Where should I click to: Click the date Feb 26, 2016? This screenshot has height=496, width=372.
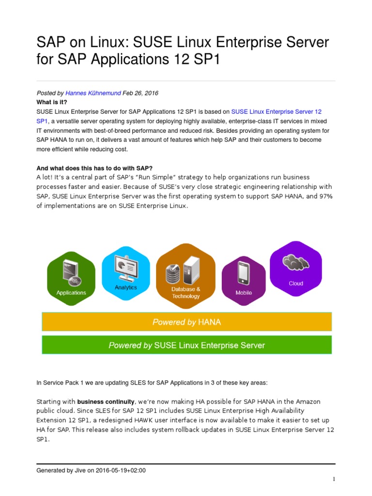[x=140, y=93]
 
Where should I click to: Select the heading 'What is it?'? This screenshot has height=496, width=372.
[x=52, y=102]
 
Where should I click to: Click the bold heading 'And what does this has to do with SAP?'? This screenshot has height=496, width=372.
[x=94, y=168]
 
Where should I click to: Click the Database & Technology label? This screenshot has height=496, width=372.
[x=186, y=293]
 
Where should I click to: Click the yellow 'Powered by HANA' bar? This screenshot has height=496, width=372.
[x=186, y=322]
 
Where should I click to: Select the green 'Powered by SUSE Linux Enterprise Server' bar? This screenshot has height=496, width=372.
[x=186, y=345]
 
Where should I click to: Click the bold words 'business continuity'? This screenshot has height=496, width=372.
[x=106, y=402]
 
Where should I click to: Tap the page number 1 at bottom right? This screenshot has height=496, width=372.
[x=334, y=480]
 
